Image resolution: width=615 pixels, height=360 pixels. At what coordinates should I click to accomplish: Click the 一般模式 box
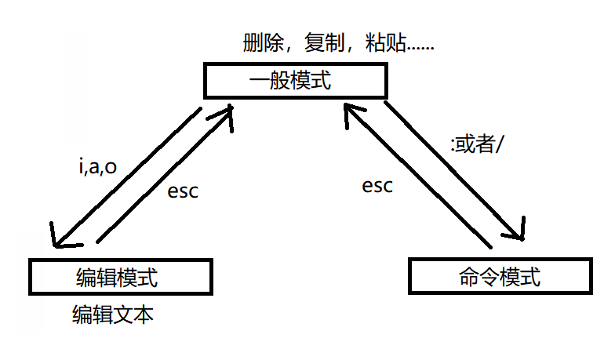click(295, 82)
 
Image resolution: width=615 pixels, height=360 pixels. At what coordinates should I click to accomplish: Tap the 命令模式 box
click(499, 277)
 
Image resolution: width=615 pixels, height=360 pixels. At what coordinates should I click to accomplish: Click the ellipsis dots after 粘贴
click(420, 47)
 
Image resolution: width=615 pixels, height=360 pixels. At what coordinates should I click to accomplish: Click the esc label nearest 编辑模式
click(183, 191)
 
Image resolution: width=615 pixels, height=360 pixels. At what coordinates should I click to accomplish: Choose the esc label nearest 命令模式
click(377, 186)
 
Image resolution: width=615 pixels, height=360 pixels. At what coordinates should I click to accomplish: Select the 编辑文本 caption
click(113, 315)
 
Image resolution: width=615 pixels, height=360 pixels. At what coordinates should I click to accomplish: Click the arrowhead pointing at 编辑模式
click(57, 240)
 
